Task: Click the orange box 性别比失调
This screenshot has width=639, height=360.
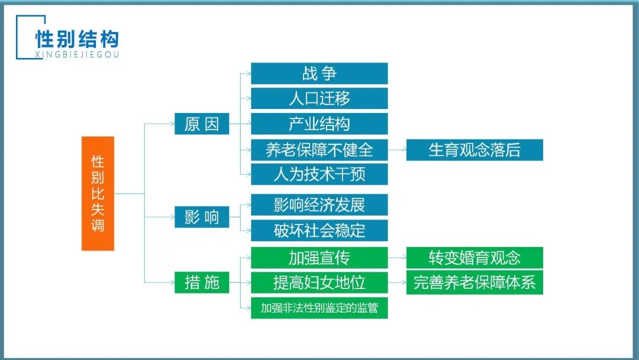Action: [x=98, y=193]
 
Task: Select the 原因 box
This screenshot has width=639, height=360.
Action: [x=201, y=124]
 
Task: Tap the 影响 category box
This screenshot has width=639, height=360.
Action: [x=201, y=217]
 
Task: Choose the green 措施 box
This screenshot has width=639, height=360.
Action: [x=201, y=282]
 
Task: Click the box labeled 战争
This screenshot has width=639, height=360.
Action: [x=319, y=73]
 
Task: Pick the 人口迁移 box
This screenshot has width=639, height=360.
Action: [x=319, y=98]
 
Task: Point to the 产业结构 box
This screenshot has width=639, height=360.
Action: [x=319, y=124]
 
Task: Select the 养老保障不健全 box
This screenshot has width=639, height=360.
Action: [x=319, y=149]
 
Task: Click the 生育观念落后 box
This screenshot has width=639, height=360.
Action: [x=474, y=149]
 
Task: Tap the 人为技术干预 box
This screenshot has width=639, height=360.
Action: [x=319, y=174]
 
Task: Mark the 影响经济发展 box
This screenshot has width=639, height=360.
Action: [x=319, y=205]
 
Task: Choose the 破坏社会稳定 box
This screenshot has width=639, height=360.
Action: [x=319, y=230]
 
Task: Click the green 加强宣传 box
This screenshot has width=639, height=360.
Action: [x=319, y=258]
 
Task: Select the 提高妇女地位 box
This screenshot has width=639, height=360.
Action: [x=319, y=282]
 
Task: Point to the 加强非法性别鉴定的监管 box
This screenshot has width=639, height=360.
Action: [x=319, y=308]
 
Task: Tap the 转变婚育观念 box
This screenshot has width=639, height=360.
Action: [x=474, y=258]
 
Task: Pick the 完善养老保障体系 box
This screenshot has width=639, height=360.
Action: [x=474, y=282]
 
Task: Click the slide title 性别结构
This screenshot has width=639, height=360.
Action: [x=77, y=39]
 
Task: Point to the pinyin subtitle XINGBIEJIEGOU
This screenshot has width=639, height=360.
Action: [x=77, y=54]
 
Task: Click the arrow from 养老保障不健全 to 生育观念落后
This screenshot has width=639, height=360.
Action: [x=397, y=149]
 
